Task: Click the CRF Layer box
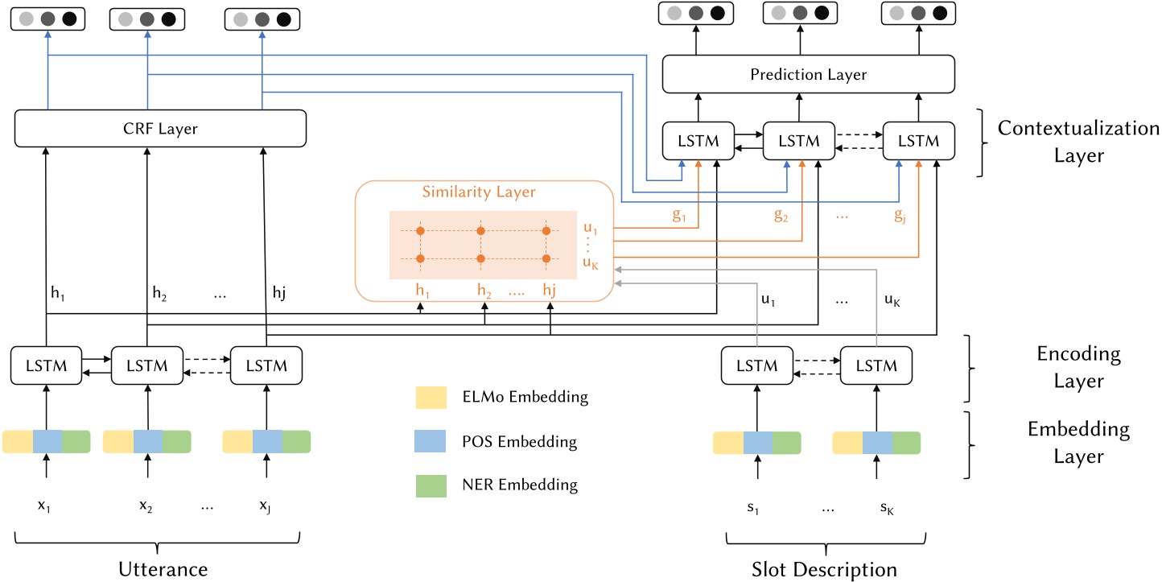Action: (161, 128)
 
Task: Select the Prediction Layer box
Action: (807, 75)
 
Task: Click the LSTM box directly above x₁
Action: (47, 365)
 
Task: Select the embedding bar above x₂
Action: (147, 442)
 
